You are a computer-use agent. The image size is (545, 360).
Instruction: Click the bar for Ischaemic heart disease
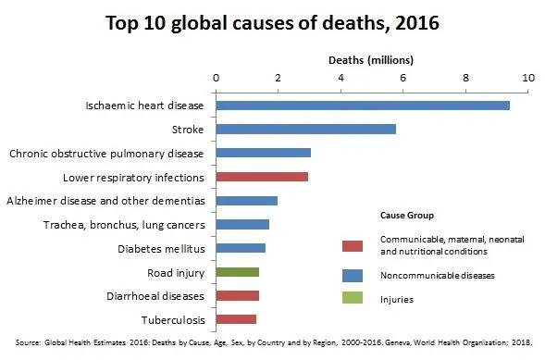click(x=363, y=106)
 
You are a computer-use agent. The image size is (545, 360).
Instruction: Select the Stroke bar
click(x=306, y=129)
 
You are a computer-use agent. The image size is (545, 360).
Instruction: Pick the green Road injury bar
click(x=237, y=272)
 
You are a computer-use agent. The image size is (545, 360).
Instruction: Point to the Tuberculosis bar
click(x=236, y=319)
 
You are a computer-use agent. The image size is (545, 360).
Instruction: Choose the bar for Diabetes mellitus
click(x=241, y=248)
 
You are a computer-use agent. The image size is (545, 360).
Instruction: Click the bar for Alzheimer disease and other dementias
click(x=246, y=200)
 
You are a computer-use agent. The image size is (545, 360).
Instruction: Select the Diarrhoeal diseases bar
click(x=237, y=295)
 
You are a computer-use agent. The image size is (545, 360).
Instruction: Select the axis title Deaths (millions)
click(x=371, y=59)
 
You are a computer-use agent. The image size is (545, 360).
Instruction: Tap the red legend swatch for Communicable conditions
click(x=352, y=245)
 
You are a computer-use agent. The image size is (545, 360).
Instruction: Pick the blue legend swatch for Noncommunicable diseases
click(x=352, y=276)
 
